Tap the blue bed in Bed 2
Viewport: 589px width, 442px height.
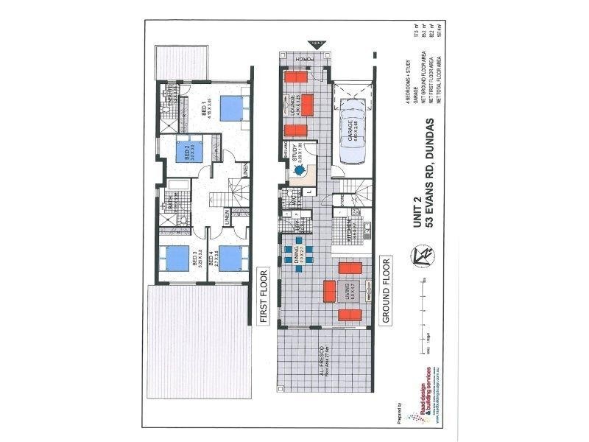(197, 152)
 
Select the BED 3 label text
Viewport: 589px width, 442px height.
(194, 260)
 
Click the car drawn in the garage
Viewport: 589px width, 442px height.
(350, 138)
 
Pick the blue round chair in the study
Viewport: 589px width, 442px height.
(300, 170)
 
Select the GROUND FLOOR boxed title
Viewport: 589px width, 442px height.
(384, 290)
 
